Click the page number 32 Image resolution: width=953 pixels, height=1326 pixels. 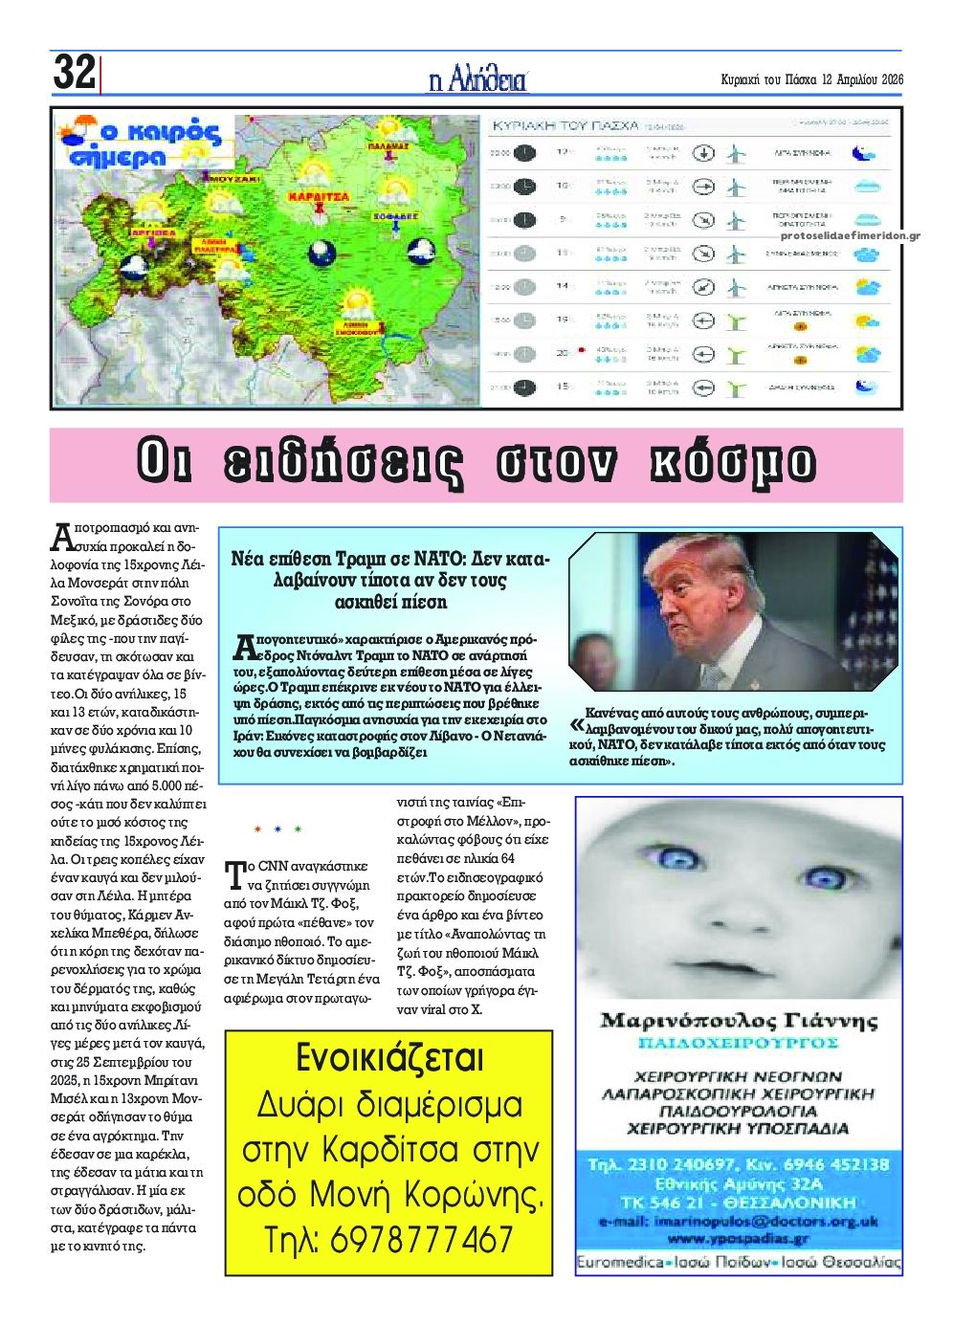[74, 73]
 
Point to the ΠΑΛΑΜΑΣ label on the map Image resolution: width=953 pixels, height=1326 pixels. [388, 147]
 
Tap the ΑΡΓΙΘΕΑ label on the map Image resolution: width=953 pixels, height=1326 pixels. [150, 232]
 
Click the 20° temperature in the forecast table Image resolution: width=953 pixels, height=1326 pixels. [563, 352]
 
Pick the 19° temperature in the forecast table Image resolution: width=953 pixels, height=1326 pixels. [564, 319]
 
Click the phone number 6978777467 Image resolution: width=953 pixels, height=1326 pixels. [422, 1241]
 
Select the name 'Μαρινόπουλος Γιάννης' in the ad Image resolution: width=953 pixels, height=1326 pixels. [738, 1021]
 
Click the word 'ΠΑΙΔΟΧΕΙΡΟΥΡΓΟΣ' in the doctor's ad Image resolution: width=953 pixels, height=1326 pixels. [738, 1042]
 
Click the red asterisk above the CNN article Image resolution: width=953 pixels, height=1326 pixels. [257, 829]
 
